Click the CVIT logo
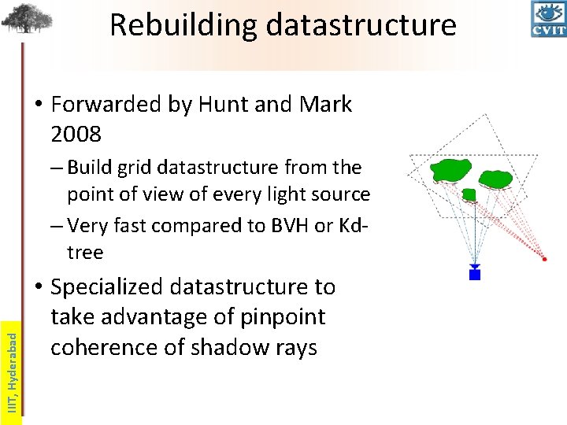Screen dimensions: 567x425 click(548, 19)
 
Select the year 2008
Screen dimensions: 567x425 click(76, 135)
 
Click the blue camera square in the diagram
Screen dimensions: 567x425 click(475, 274)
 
